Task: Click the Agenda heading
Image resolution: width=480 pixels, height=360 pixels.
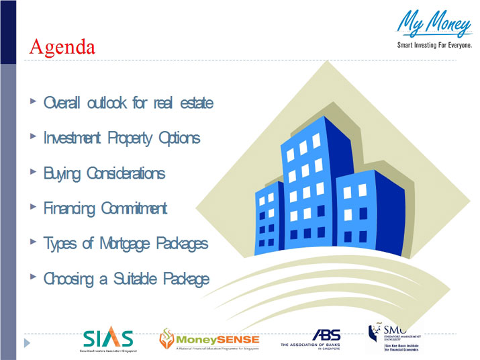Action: point(62,46)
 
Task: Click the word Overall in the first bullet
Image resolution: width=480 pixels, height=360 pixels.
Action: point(62,103)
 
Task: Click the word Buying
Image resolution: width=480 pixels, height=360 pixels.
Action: point(62,174)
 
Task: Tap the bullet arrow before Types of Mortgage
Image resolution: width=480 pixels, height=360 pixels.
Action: point(34,241)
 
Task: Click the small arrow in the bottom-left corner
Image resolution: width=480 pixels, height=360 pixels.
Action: point(28,343)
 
